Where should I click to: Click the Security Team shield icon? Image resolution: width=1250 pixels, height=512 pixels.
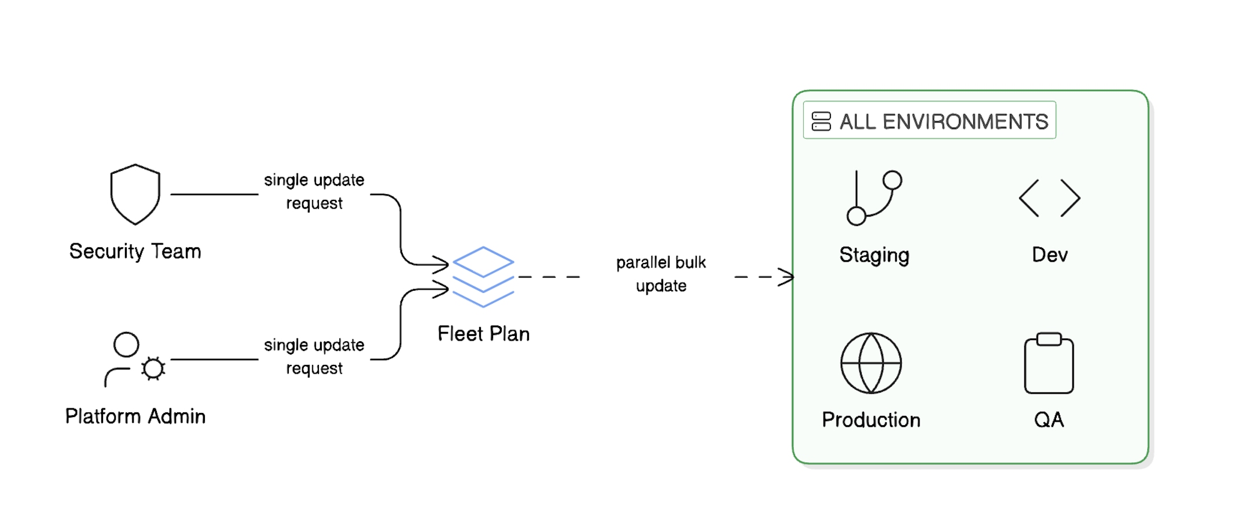(135, 195)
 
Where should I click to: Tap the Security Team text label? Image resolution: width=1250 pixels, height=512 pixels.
(135, 251)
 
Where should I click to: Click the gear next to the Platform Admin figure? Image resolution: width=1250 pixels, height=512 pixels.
(153, 368)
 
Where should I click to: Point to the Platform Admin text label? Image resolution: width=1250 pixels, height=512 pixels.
(135, 416)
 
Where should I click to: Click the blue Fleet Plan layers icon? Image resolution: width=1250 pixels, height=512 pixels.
(483, 277)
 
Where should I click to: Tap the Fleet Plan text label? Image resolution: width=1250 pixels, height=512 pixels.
(483, 334)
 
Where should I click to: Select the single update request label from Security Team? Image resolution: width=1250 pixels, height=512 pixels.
(314, 192)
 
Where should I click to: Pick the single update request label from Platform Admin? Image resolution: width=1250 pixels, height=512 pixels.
(314, 357)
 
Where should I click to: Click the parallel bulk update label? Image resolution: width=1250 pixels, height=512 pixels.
(661, 274)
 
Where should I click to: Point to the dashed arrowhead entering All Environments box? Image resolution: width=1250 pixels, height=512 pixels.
(787, 277)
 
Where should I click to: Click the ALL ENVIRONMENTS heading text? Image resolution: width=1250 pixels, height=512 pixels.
(944, 122)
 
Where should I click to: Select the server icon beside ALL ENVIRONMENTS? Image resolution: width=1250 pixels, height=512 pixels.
(821, 122)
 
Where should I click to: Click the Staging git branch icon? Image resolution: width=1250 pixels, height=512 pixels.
(874, 198)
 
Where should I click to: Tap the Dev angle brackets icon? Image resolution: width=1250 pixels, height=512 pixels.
(1049, 198)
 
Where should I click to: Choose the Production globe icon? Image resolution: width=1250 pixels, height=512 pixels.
(871, 363)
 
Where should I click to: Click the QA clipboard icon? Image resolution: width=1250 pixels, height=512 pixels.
(1049, 363)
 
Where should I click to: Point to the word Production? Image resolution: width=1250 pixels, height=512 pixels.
(871, 420)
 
